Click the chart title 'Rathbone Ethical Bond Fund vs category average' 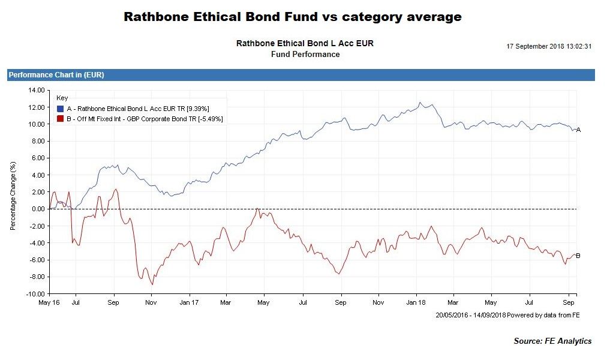[293, 17]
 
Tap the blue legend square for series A [59, 109]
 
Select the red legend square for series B [59, 119]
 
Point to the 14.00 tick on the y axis [37, 90]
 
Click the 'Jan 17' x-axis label [189, 303]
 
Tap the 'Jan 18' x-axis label [416, 303]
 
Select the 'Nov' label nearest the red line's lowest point [151, 303]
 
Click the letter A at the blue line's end [578, 130]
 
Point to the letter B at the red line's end [578, 256]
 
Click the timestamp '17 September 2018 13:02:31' [549, 46]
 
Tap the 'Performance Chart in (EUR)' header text [56, 75]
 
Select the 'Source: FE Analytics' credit [552, 341]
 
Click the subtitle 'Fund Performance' [305, 55]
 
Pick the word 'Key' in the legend [62, 98]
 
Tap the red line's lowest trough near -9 [152, 284]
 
